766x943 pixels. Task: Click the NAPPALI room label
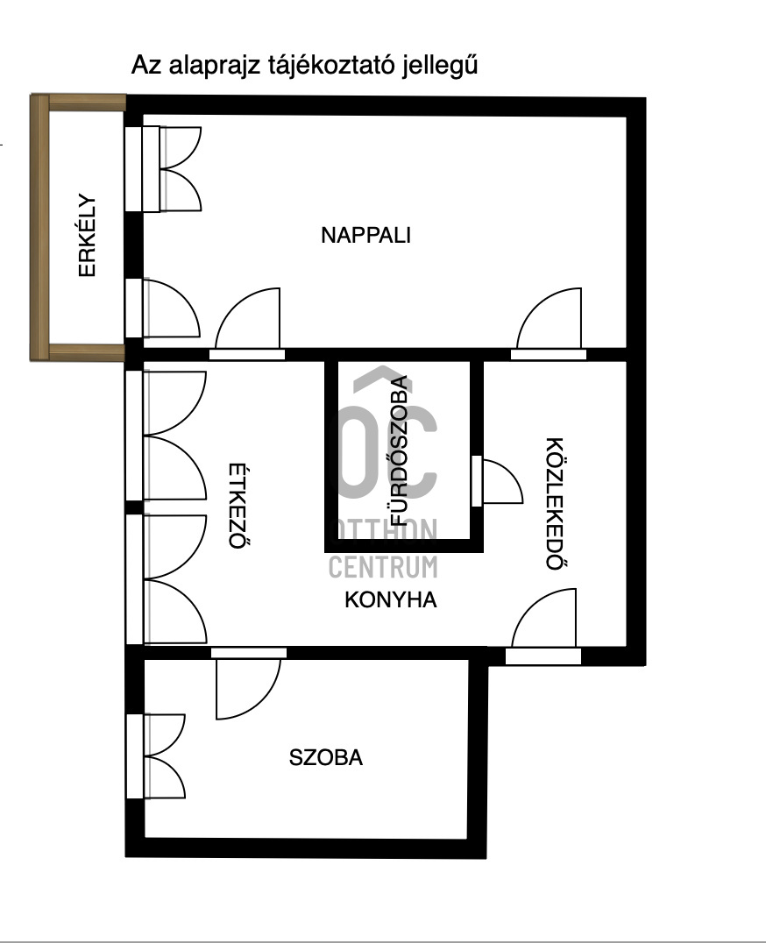pyautogui.click(x=365, y=235)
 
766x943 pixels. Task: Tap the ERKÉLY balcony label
pyautogui.click(x=88, y=236)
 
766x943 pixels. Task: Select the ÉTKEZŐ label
pyautogui.click(x=239, y=506)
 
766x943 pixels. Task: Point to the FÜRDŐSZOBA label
pyautogui.click(x=400, y=451)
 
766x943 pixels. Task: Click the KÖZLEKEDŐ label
pyautogui.click(x=555, y=503)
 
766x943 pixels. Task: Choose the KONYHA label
pyautogui.click(x=391, y=599)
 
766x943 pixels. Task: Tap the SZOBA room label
pyautogui.click(x=326, y=757)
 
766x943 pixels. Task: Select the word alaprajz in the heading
pyautogui.click(x=214, y=66)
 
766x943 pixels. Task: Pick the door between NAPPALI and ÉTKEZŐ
pyautogui.click(x=247, y=324)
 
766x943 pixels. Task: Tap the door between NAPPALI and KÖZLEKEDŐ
pyautogui.click(x=549, y=324)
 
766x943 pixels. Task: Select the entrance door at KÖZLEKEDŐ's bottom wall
pyautogui.click(x=543, y=626)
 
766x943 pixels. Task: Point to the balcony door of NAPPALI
pyautogui.click(x=163, y=308)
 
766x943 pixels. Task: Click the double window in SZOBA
pyautogui.click(x=156, y=756)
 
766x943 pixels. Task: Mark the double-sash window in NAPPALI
pyautogui.click(x=164, y=169)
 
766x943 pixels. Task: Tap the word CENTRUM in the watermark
pyautogui.click(x=383, y=567)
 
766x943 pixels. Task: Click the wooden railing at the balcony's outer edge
pyautogui.click(x=39, y=228)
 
